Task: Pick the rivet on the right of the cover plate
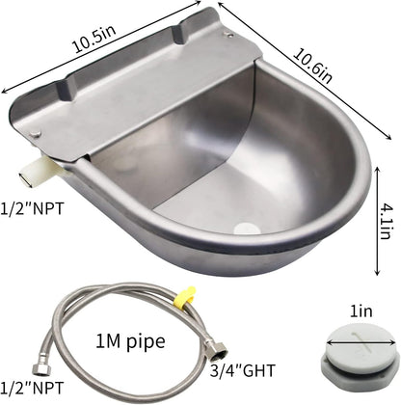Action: [x=229, y=35]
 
